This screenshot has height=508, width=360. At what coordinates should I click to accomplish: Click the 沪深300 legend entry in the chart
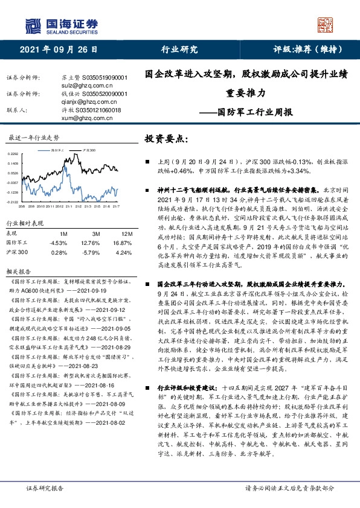pos(85,148)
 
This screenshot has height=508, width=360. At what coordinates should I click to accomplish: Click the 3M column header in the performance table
pos(95,233)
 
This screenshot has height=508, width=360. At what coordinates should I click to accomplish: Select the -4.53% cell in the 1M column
pos(59,243)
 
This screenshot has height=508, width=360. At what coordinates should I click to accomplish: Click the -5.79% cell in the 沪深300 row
pos(92,252)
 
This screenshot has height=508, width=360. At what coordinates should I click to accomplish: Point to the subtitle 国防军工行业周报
pos(256,112)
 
